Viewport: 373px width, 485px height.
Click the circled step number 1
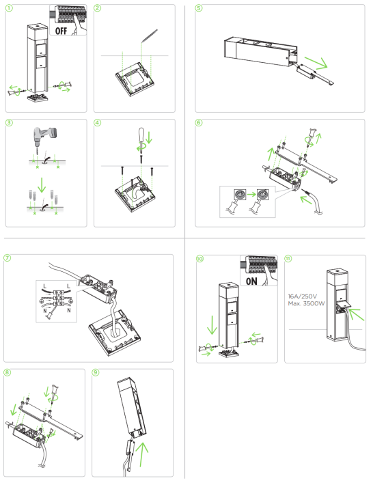pos(9,8)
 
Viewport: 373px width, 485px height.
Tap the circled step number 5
pos(199,8)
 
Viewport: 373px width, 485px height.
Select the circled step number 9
pos(96,372)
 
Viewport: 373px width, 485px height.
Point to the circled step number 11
pos(288,258)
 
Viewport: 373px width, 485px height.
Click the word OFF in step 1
pos(61,31)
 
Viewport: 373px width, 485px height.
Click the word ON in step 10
pos(251,281)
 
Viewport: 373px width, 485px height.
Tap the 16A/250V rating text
pos(303,296)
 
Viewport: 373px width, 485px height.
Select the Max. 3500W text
pos(306,303)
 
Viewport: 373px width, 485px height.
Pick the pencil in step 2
pos(150,36)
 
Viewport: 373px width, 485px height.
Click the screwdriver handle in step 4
pos(141,134)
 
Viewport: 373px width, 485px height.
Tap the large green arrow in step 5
pos(316,62)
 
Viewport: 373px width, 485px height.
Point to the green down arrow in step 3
pos(42,185)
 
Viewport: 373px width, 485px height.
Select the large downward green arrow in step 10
pos(212,324)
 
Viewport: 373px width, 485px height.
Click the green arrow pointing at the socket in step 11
pos(357,314)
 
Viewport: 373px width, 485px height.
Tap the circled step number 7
pos(7,258)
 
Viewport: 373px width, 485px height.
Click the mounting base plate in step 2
pos(135,79)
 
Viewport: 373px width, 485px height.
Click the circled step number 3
pos(9,123)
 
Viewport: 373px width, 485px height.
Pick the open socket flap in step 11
pos(344,305)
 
